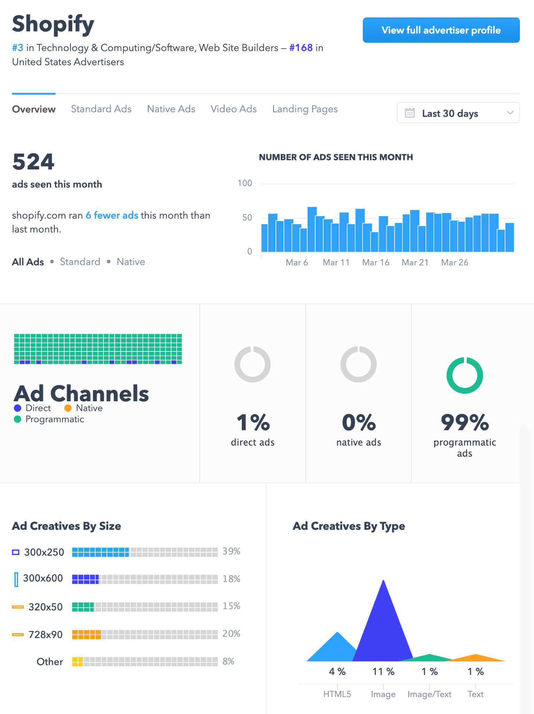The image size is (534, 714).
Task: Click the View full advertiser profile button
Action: (x=441, y=30)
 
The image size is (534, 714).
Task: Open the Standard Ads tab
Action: (x=101, y=109)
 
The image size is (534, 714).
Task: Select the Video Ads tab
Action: (x=233, y=109)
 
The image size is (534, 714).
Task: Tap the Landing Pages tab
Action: (x=305, y=109)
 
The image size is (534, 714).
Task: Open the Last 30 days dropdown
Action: (x=458, y=113)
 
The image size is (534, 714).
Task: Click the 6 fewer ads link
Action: (x=112, y=215)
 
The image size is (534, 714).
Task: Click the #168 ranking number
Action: (x=301, y=48)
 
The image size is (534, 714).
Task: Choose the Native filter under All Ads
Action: (x=131, y=262)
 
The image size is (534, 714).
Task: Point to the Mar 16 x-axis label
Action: (x=376, y=263)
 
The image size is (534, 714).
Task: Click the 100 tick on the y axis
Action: (x=245, y=183)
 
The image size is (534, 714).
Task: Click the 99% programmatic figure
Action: (x=464, y=423)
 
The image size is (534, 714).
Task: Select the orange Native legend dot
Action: (x=68, y=408)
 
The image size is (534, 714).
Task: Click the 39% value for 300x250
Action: (x=231, y=552)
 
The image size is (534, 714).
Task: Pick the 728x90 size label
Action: (x=45, y=635)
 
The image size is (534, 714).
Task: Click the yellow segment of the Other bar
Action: (x=77, y=661)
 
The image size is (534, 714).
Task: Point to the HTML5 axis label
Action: (x=337, y=694)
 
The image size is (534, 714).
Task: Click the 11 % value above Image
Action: (x=383, y=672)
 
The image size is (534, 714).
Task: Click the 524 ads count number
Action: (x=33, y=162)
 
